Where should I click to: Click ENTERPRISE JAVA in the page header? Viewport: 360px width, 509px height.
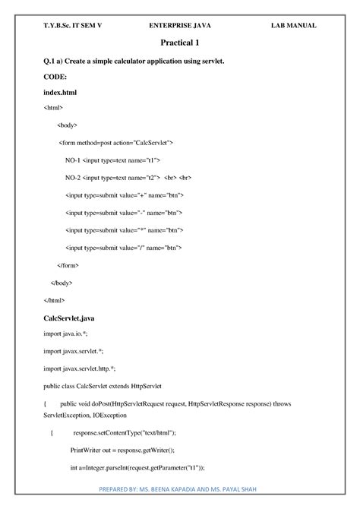[x=180, y=25]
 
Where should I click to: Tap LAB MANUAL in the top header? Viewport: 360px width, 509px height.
[x=293, y=25]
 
